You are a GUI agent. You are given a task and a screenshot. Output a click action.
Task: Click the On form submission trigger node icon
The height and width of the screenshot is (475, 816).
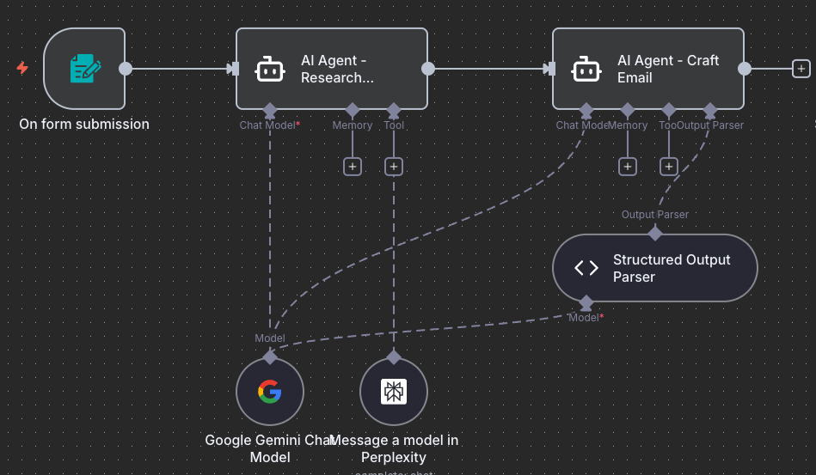(84, 69)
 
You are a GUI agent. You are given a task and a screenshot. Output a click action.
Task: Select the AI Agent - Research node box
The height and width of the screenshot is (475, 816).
(331, 69)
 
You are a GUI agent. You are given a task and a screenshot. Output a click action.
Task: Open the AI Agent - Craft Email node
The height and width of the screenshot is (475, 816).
(647, 69)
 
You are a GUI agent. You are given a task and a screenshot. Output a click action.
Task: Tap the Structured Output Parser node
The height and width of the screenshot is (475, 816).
(654, 268)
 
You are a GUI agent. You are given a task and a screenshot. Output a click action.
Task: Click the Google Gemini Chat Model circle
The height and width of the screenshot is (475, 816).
(270, 392)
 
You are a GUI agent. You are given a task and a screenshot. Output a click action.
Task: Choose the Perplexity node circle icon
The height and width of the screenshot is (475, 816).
(394, 392)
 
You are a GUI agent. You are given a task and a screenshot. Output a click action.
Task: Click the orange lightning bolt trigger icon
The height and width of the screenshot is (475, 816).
(22, 68)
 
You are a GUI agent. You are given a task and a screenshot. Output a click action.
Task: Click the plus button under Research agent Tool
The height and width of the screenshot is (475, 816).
(394, 167)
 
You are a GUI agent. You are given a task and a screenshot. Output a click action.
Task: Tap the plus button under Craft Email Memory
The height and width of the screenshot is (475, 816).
(628, 167)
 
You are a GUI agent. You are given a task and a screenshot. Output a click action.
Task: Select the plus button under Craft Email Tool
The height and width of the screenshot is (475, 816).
(669, 167)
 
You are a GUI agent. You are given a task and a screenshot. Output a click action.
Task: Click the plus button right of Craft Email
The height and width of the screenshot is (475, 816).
(801, 69)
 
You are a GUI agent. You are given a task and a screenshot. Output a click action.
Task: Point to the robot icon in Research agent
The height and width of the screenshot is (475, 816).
(270, 69)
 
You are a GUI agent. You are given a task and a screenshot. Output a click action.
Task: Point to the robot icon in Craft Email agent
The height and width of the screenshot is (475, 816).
(586, 69)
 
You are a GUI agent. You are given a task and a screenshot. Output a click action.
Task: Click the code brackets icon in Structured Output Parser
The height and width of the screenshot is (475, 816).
(586, 268)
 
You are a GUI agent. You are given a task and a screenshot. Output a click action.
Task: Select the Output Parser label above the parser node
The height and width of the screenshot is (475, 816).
(654, 215)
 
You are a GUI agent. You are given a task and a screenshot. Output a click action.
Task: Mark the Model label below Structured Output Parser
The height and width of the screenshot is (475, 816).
(586, 318)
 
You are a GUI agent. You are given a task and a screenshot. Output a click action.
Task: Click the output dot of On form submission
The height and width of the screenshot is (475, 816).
(126, 69)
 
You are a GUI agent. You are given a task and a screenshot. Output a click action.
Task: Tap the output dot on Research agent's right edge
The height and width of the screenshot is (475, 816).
(428, 69)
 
